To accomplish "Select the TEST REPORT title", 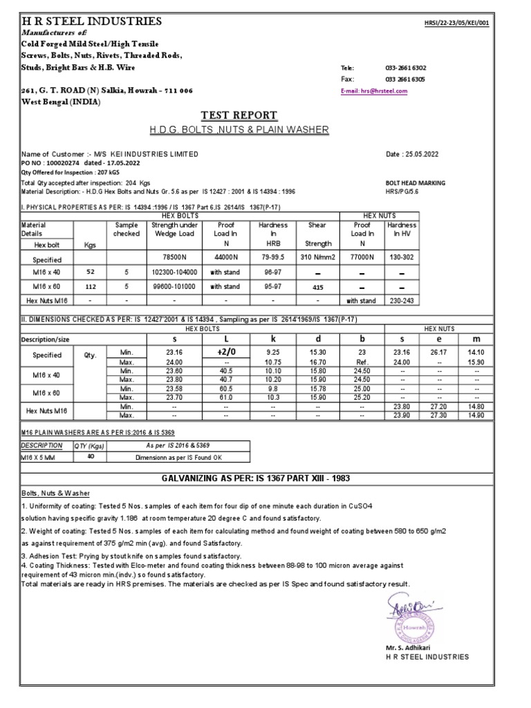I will click(x=239, y=115).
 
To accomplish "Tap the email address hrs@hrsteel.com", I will click(x=375, y=91).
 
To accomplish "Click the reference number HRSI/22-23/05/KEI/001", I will click(x=457, y=23).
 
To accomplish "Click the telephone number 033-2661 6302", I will click(x=405, y=68).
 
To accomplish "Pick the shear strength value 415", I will click(x=317, y=286).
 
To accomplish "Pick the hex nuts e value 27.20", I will click(x=439, y=407).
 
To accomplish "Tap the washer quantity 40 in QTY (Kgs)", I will click(x=89, y=456).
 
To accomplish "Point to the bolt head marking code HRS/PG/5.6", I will click(x=405, y=191).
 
